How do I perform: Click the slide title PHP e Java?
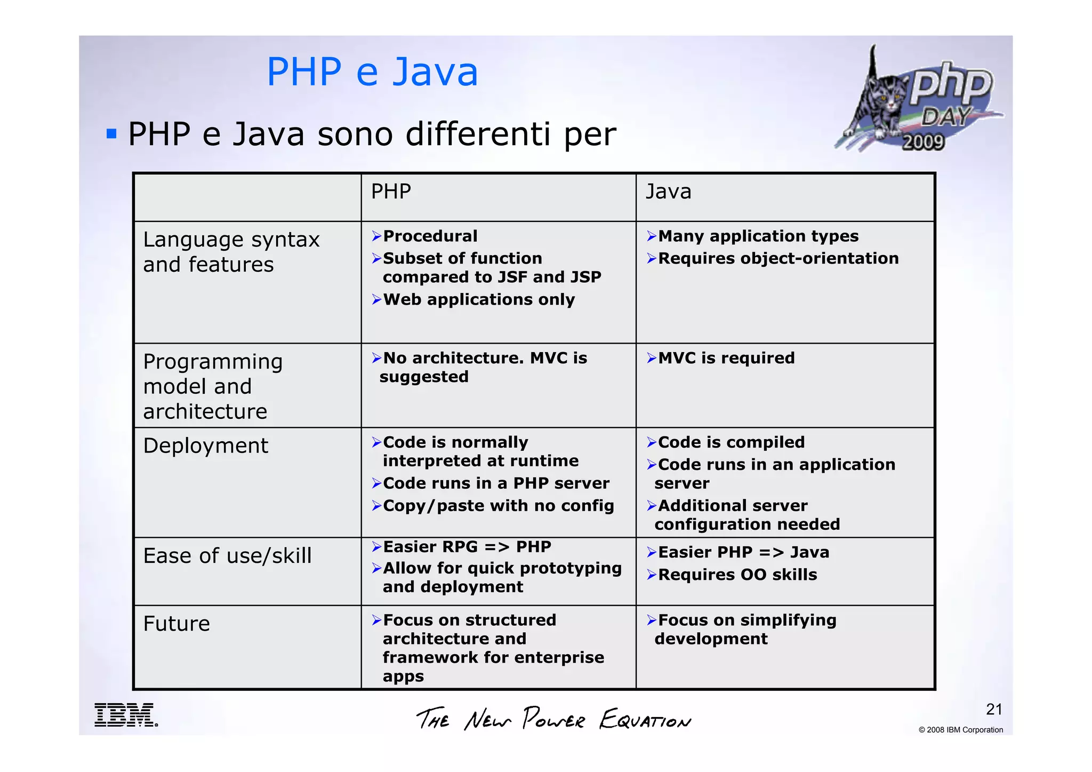click(372, 72)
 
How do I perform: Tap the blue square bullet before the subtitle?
click(111, 133)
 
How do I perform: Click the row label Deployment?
click(205, 445)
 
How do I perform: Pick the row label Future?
click(176, 624)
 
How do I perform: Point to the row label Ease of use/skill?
click(227, 556)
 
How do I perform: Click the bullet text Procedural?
click(430, 236)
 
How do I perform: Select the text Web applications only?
click(478, 299)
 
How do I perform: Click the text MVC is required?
click(726, 358)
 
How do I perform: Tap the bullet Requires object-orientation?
click(778, 258)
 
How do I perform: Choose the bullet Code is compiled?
click(731, 442)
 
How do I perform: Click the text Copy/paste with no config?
click(498, 506)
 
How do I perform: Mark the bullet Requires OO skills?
click(737, 575)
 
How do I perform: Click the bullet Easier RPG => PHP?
click(467, 547)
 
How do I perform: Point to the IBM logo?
click(126, 715)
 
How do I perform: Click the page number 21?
click(994, 709)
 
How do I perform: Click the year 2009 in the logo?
click(923, 142)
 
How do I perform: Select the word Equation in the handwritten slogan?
click(645, 720)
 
